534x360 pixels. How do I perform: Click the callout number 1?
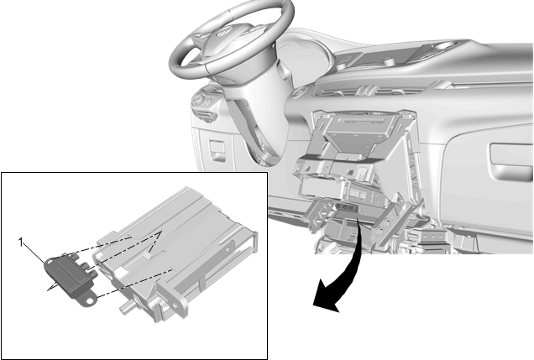(x=21, y=243)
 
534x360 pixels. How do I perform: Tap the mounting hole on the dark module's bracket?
(x=90, y=300)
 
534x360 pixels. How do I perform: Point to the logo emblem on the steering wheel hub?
(x=223, y=32)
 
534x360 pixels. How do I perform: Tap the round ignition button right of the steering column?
(x=301, y=91)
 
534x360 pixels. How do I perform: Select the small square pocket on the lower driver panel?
(x=217, y=149)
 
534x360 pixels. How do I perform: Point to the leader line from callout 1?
(x=34, y=253)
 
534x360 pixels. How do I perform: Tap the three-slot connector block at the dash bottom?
(x=432, y=236)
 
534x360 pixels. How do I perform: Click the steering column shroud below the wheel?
(x=259, y=112)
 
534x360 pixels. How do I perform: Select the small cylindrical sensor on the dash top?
(x=388, y=62)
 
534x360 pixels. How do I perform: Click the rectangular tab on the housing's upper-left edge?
(x=107, y=237)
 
